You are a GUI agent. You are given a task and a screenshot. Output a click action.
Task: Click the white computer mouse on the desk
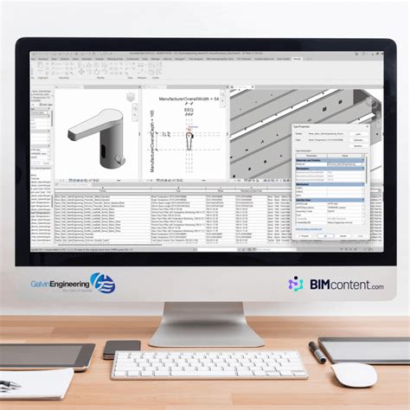click(356, 375)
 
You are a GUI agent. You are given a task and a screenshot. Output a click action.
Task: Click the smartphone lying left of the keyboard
click(122, 349)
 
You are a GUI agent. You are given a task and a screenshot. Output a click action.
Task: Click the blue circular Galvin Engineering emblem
click(103, 282)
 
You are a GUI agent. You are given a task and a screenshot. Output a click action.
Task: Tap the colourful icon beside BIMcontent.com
click(295, 284)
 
